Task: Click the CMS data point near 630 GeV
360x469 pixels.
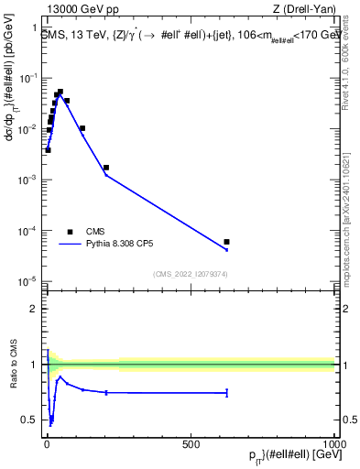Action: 226,242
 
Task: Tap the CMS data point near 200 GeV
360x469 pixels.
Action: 106,168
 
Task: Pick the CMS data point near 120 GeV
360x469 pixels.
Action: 82,128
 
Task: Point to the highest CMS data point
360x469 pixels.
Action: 60,92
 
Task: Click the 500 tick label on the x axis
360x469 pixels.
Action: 191,444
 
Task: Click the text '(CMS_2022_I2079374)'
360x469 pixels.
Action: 191,273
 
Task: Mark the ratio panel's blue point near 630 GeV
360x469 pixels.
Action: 226,393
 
